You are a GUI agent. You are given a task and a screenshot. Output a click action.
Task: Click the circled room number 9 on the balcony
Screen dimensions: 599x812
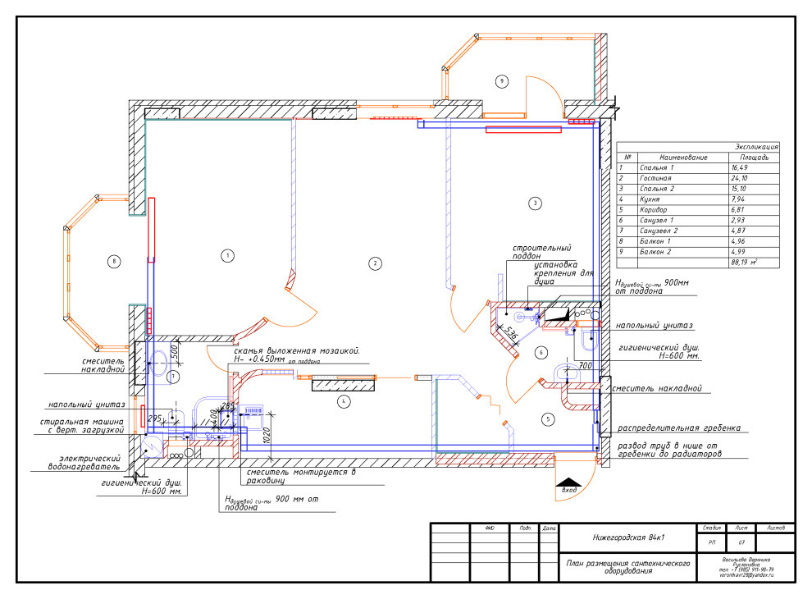coord(501,80)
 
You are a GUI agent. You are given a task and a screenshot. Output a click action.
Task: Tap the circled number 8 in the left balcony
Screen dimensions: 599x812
coord(115,262)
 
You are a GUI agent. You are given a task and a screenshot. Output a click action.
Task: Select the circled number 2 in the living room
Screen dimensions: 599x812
coord(374,263)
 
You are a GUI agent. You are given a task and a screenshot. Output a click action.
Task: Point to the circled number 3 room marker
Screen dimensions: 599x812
coord(535,203)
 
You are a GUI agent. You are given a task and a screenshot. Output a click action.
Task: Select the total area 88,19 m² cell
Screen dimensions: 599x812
coord(743,263)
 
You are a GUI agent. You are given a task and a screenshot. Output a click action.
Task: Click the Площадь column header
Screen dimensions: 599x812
coord(754,157)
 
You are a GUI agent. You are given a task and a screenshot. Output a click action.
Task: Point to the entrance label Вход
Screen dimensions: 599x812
coord(568,491)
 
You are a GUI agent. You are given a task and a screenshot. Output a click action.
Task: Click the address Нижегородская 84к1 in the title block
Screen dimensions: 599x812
coord(628,538)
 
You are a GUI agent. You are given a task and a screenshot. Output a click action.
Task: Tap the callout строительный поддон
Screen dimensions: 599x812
coord(541,252)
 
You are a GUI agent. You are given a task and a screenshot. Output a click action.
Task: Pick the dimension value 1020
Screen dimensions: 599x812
coord(266,436)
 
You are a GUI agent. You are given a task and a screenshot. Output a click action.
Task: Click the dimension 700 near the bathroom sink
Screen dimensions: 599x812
coord(585,365)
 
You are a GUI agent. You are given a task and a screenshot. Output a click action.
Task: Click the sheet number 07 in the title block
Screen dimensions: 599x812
coord(741,542)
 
